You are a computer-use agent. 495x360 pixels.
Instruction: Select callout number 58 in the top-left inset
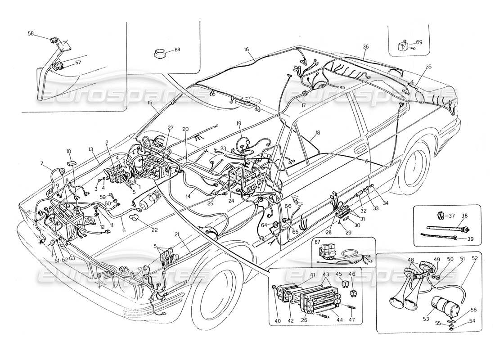(31, 34)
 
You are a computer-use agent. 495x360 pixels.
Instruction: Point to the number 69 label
(419, 42)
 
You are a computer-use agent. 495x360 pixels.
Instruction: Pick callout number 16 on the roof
(247, 49)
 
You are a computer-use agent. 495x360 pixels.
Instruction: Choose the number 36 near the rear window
(365, 46)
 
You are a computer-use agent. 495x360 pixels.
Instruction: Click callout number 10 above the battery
(69, 151)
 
